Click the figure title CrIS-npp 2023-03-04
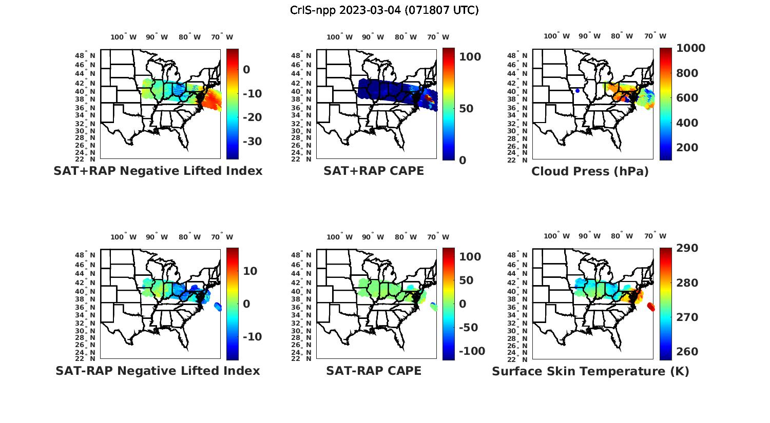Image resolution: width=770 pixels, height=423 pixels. click(x=384, y=10)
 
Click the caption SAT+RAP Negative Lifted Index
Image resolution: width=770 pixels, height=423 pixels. click(x=158, y=171)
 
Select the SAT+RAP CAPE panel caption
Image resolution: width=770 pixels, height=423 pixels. click(x=374, y=171)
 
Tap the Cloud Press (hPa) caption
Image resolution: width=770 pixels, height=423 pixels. click(x=590, y=172)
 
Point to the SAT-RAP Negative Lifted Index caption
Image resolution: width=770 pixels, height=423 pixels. click(x=158, y=371)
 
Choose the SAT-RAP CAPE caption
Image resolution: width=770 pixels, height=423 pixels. click(x=374, y=371)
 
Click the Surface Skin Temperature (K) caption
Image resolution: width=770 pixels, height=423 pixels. click(x=590, y=372)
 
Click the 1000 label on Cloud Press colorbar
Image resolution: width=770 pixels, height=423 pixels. click(x=690, y=48)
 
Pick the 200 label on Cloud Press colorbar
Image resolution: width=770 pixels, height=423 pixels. click(x=687, y=148)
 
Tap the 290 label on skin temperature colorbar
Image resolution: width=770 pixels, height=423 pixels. click(x=687, y=248)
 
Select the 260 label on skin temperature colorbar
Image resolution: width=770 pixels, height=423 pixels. click(x=687, y=352)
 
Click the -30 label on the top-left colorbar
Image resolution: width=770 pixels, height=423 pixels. click(x=252, y=142)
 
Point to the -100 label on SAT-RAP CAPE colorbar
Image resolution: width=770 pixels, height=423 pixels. click(x=471, y=351)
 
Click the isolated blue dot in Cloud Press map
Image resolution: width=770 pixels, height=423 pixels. click(x=577, y=91)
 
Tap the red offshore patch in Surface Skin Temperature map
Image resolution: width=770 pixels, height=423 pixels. click(x=651, y=307)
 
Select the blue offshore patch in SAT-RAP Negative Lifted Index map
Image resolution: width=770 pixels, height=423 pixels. click(x=218, y=307)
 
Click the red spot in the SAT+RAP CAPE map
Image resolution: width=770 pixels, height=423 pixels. click(x=429, y=97)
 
